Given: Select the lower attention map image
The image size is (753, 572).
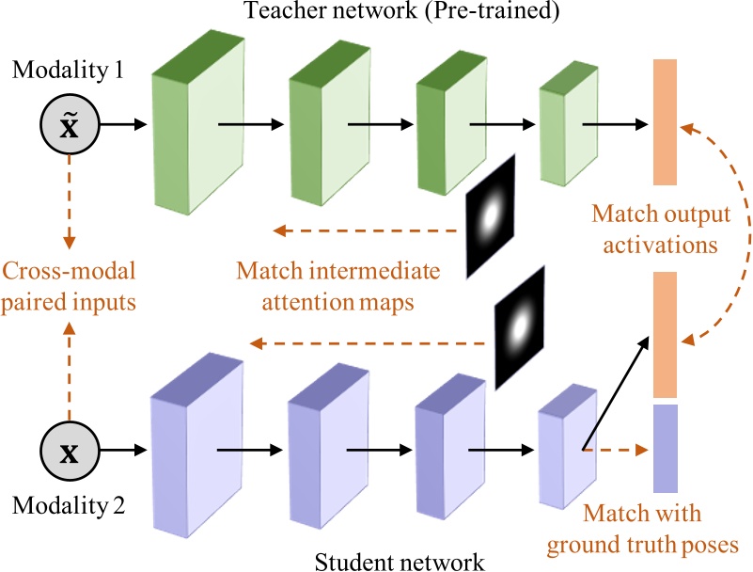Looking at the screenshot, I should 520,326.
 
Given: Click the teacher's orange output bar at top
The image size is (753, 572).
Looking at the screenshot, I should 665,121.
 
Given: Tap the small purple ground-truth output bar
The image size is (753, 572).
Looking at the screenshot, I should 665,449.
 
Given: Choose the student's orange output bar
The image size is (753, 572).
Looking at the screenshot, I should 665,334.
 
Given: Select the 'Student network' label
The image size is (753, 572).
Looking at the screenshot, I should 400,562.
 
